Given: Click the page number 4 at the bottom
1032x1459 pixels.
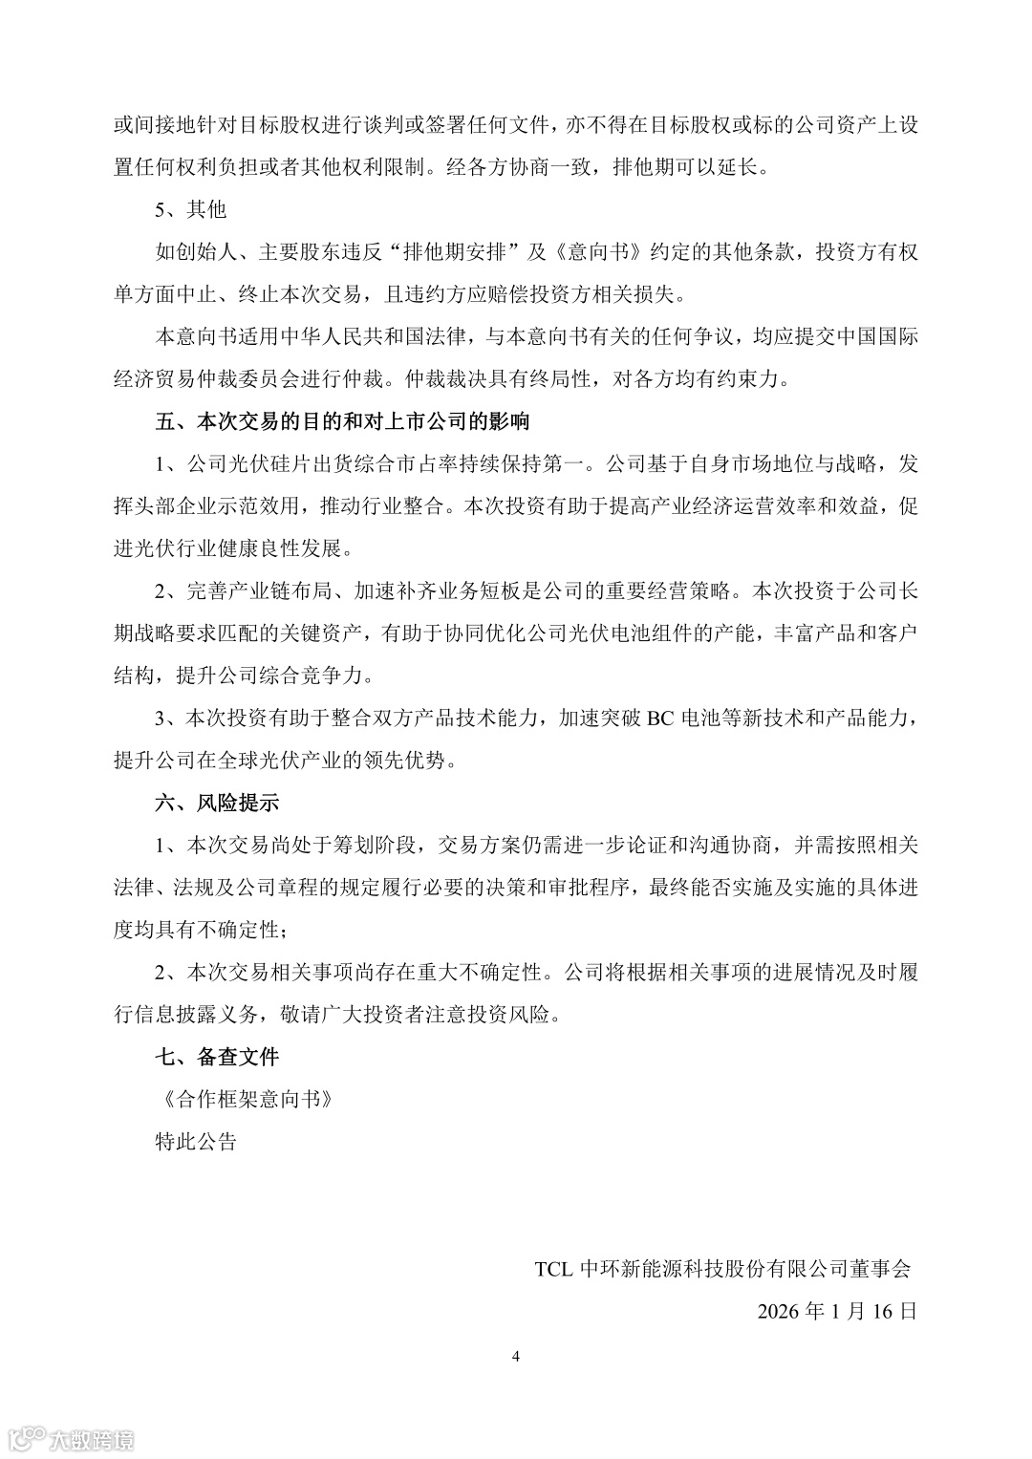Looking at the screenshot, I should pos(516,1356).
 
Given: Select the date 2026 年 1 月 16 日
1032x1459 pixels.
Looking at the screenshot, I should pos(837,1311).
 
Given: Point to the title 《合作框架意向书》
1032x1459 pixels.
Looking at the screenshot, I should pos(247,1099).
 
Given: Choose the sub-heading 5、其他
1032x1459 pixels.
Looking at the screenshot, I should pos(191,209).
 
